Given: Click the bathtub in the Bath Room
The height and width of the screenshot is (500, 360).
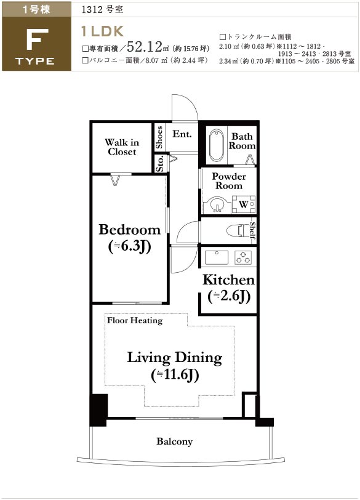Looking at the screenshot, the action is (217, 145).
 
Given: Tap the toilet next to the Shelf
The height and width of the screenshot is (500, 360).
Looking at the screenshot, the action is (239, 230).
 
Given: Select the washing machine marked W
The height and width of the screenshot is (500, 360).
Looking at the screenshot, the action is (244, 204).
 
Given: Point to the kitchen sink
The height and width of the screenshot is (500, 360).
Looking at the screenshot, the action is (217, 257).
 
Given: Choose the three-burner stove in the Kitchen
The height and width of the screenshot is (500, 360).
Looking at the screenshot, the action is (243, 257).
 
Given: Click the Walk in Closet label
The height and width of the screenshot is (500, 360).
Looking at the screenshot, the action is (122, 147).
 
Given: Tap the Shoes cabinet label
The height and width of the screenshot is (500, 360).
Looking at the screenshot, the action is (159, 137).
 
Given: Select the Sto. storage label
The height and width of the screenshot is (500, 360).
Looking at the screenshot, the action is (160, 163).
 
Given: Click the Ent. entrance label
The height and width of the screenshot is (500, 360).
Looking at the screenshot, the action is (182, 134).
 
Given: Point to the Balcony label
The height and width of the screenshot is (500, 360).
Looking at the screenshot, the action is (175, 442).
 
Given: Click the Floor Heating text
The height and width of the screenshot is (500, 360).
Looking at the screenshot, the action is (135, 320).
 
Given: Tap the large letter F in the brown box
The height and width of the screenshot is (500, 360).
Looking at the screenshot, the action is (38, 39).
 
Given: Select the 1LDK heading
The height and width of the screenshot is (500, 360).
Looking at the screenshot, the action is (102, 31).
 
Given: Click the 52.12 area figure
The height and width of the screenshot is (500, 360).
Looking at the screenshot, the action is (145, 47).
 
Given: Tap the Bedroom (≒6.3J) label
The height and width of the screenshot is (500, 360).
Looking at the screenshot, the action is (130, 238).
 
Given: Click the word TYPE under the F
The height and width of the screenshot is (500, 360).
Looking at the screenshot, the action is (35, 61).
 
